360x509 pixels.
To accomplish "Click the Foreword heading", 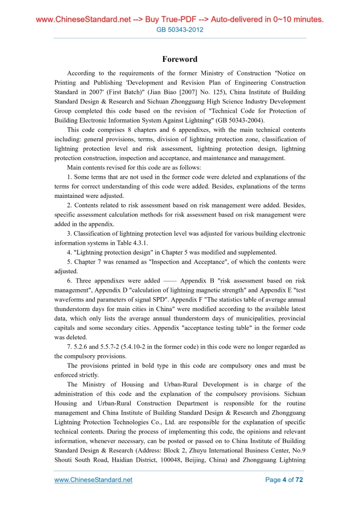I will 180,60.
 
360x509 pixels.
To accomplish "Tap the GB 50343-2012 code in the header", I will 180,30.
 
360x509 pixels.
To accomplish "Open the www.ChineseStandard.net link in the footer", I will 94,480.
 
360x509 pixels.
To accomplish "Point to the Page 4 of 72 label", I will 284,480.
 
